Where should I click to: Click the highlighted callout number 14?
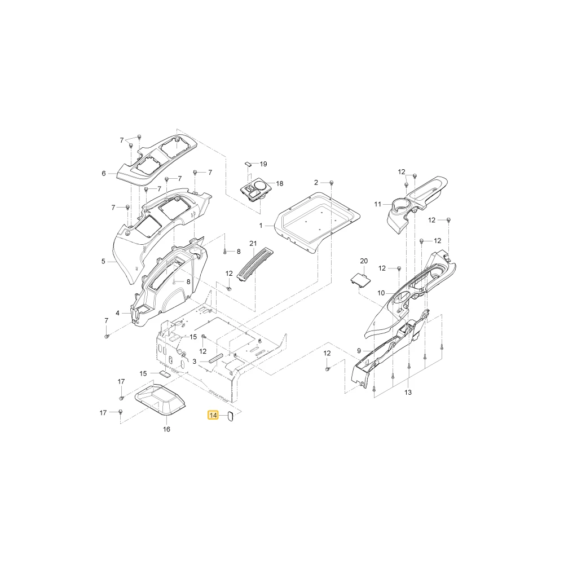tap(213, 416)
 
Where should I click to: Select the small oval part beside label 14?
tap(231, 417)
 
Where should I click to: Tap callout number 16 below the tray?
tap(166, 429)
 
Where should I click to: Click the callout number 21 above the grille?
tap(253, 244)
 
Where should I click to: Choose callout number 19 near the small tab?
tap(263, 164)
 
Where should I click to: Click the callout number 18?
tap(280, 183)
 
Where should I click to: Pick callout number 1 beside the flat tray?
tap(261, 226)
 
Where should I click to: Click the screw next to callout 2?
tap(332, 183)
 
